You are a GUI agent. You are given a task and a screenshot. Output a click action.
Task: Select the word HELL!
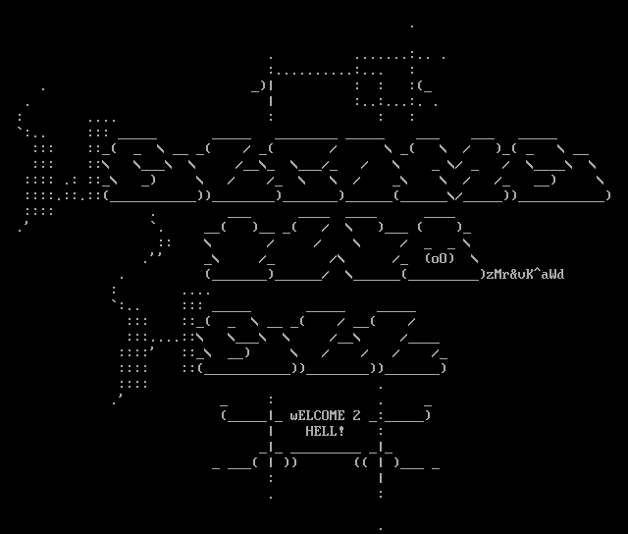click(325, 431)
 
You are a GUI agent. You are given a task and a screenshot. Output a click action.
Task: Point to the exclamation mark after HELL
click(341, 431)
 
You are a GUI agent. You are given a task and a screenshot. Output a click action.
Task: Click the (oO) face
click(439, 259)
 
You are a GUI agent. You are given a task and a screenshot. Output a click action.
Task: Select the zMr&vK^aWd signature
click(525, 274)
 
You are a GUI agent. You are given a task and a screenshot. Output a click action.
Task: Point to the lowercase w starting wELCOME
click(293, 416)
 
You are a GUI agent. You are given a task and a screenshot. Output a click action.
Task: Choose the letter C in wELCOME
click(317, 416)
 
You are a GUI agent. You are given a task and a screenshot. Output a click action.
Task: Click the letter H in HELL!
click(309, 431)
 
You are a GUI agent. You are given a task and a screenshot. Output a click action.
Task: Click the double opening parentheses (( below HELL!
click(360, 461)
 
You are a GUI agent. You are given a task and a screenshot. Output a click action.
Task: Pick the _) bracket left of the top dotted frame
click(258, 86)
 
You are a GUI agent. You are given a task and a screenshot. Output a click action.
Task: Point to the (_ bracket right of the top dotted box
click(423, 86)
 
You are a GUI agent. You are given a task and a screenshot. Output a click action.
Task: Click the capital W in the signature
click(552, 274)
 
